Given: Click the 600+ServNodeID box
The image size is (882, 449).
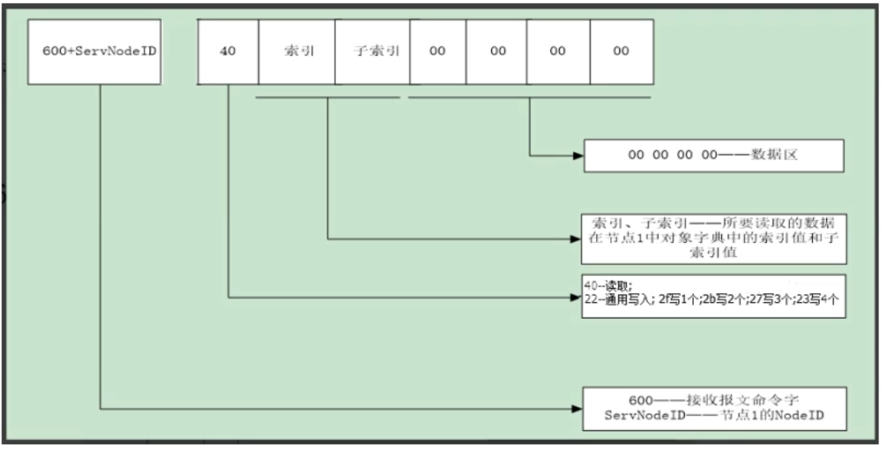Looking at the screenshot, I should tap(94, 52).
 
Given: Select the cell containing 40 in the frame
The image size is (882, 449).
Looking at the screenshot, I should tap(228, 52).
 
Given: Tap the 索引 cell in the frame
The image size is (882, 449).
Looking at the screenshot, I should tap(296, 52).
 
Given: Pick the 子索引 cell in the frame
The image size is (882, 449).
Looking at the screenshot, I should tap(372, 52).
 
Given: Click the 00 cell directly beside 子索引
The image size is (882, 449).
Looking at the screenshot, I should tap(438, 52).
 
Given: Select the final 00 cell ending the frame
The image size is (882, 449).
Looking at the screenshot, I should tap(621, 52).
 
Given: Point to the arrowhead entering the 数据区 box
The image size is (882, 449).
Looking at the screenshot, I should tap(578, 155).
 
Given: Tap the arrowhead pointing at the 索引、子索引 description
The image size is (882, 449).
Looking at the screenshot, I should tap(577, 239).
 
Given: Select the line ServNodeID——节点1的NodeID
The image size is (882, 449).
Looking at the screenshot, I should tap(714, 416).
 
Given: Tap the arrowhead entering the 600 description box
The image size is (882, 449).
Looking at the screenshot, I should tap(578, 408).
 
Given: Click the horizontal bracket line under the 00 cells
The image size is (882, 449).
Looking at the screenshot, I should tap(530, 98).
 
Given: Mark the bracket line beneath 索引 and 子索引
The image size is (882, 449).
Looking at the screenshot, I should tap(328, 98).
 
